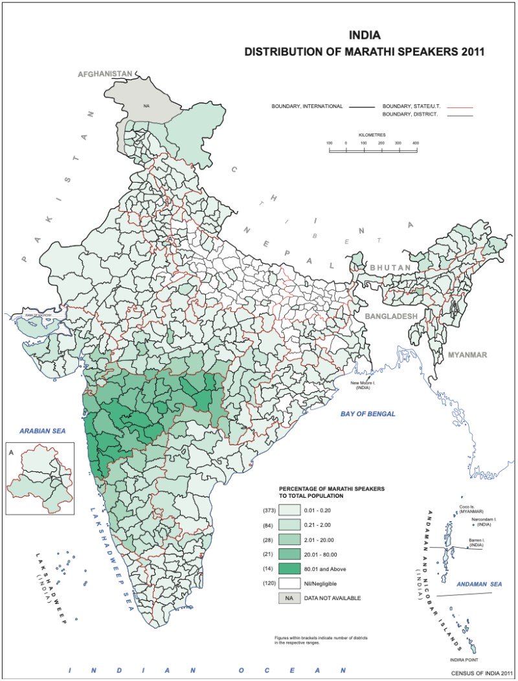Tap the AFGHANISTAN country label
point(105,74)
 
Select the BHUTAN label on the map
point(390,267)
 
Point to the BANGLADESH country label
point(392,316)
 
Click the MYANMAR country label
point(467,355)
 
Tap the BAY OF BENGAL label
point(368,414)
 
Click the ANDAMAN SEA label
point(479,585)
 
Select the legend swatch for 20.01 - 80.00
point(289,554)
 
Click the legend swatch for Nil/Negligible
point(289,583)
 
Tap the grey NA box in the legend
point(289,598)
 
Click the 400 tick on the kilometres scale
point(416,143)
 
